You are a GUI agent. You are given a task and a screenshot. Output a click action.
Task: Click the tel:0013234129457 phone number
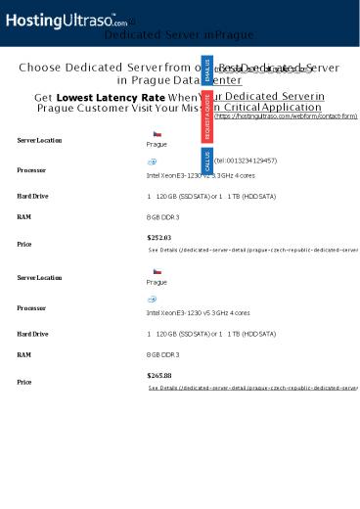[245, 160]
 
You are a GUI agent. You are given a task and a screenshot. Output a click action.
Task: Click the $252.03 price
[158, 237]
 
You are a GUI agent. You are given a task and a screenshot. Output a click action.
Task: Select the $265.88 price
[158, 375]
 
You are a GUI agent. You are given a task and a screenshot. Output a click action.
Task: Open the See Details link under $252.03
[252, 250]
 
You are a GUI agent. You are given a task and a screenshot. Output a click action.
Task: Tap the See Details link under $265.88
[252, 388]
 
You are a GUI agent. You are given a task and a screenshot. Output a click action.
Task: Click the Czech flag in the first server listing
[157, 132]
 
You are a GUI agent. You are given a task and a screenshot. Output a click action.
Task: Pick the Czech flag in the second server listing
[157, 270]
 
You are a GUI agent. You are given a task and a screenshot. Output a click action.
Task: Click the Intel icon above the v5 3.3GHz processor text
[153, 299]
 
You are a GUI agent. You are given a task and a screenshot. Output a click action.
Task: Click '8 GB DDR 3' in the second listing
[162, 353]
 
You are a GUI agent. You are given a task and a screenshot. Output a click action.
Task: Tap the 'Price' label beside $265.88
[25, 382]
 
